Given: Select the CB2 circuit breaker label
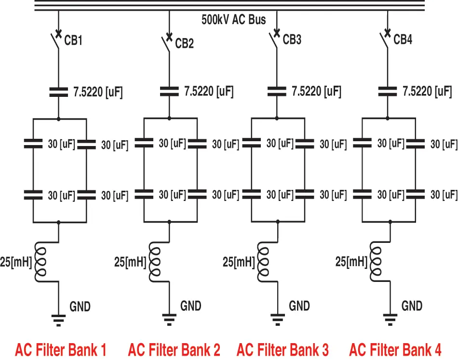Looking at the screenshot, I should (184, 44).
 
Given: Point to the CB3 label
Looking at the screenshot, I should (292, 40).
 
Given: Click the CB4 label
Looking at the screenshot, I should (403, 40).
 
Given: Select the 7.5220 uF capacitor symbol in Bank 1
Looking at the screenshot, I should (58, 92).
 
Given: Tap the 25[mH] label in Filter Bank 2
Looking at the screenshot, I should (130, 263).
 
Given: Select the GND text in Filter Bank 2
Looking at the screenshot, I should (191, 306).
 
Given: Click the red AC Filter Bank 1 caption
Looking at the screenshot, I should (60, 349).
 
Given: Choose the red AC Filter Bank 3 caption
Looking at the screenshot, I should (283, 349).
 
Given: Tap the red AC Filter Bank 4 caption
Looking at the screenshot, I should (395, 349).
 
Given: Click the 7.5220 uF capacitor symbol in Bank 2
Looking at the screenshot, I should (169, 92).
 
